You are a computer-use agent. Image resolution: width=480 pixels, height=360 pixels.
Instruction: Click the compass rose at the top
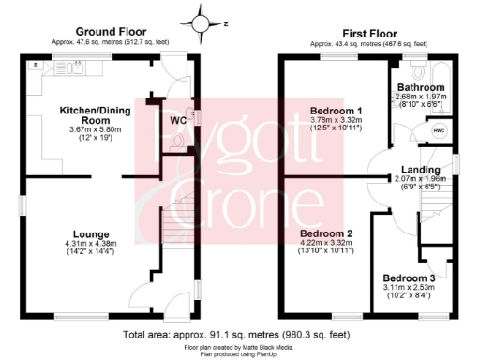pos(203,21)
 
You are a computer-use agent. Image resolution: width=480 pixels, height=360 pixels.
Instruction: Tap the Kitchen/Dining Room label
pos(93,114)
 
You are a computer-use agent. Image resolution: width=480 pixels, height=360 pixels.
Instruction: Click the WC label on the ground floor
pos(179,120)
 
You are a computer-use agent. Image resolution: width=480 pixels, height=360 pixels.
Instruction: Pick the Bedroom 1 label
pos(337,111)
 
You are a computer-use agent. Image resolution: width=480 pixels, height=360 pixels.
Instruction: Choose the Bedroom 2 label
pos(325,233)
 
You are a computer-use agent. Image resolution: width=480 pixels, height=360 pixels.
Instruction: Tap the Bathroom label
pos(421,87)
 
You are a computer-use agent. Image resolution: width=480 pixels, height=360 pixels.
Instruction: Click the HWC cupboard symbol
pos(441,132)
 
